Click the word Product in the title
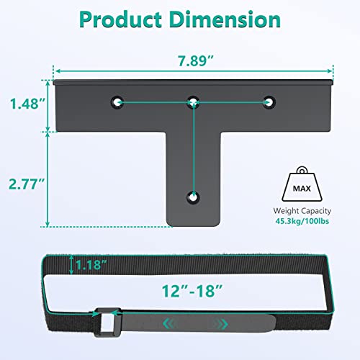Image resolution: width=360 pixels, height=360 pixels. pyautogui.click(x=121, y=20)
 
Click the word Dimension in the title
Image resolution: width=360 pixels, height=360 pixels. pyautogui.click(x=225, y=19)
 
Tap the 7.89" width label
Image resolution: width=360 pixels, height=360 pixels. pyautogui.click(x=196, y=60)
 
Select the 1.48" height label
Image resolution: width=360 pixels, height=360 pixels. pyautogui.click(x=27, y=104)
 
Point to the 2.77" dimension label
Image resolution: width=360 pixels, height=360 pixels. pyautogui.click(x=27, y=184)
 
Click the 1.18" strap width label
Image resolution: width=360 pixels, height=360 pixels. pyautogui.click(x=91, y=265)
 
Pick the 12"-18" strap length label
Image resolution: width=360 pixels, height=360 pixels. pyautogui.click(x=192, y=291)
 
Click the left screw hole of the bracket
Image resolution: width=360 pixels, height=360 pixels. pyautogui.click(x=117, y=102)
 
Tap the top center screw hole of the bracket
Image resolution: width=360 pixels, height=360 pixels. pyautogui.click(x=193, y=102)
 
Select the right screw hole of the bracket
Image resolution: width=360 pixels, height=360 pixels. pyautogui.click(x=269, y=102)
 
